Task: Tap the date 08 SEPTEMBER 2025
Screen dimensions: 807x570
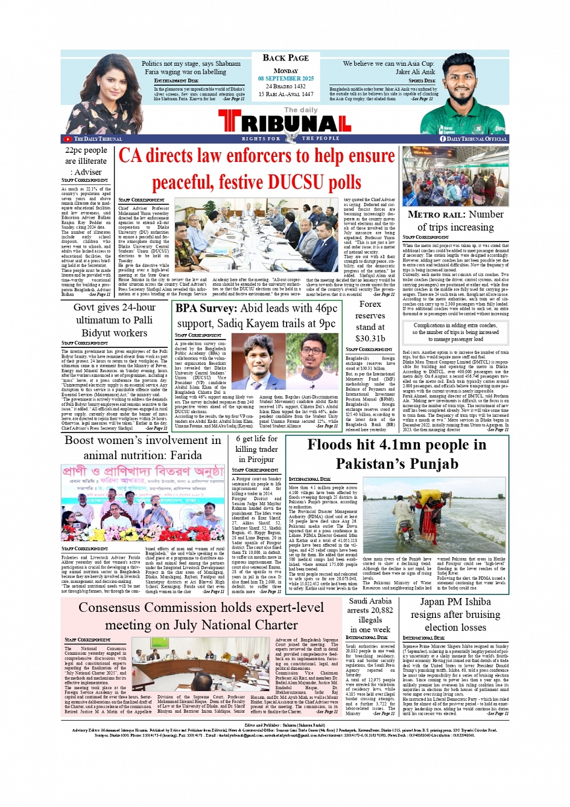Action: [286, 79]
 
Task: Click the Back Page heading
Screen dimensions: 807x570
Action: [286, 58]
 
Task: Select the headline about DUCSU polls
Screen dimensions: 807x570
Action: [256, 169]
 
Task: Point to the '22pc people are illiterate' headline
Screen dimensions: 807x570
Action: [86, 161]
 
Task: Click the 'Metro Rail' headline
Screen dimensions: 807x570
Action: [455, 220]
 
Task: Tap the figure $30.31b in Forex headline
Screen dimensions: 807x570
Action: [370, 338]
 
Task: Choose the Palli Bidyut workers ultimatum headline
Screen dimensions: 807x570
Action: [114, 320]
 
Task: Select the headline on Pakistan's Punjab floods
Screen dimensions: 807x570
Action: [396, 454]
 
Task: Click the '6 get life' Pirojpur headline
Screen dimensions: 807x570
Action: [256, 449]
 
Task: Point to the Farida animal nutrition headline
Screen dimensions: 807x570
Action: [142, 448]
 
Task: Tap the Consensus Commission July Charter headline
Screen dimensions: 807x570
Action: [201, 616]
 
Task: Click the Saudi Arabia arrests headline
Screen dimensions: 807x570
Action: [370, 615]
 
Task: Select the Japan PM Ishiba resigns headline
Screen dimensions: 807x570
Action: [455, 614]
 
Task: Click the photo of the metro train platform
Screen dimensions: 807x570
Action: [455, 176]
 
